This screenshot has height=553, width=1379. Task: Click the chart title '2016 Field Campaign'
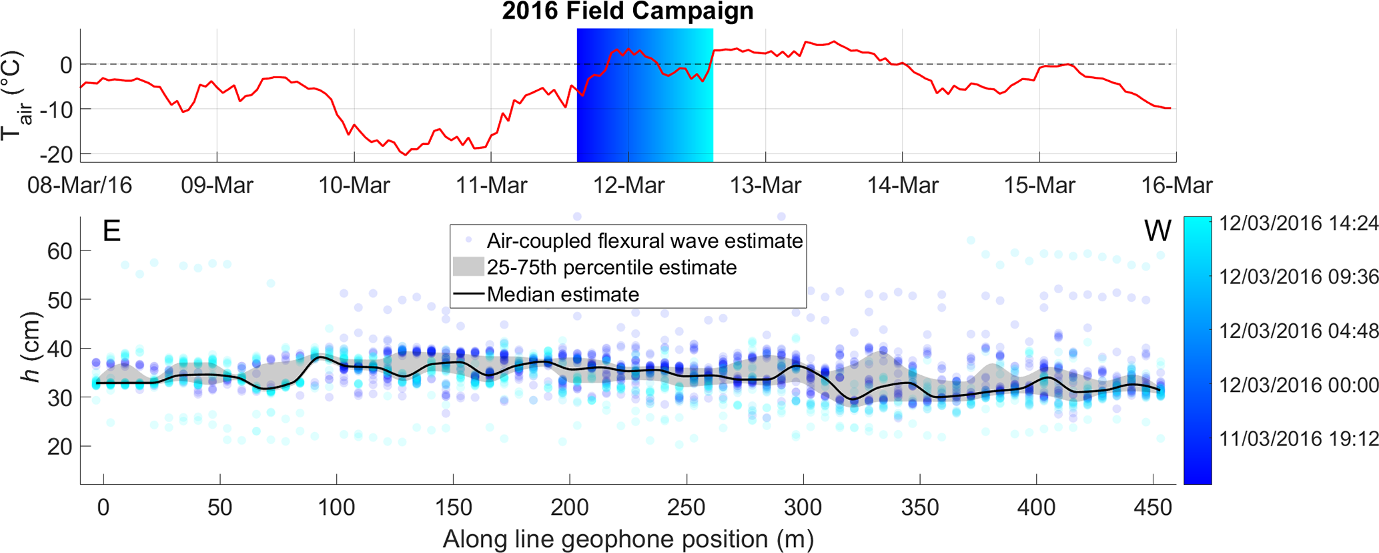[x=628, y=11]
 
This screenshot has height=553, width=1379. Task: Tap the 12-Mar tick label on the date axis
[x=628, y=185]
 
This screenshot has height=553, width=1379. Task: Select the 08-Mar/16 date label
[x=79, y=185]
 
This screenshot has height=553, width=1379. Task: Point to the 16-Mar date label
[x=1176, y=185]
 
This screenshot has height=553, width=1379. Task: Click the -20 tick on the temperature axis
[x=57, y=154]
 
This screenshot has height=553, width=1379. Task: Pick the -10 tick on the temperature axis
[x=57, y=109]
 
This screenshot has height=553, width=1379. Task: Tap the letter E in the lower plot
[x=111, y=231]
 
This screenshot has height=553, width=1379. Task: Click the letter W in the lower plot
[x=1158, y=231]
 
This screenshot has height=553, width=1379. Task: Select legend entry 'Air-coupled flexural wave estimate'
[x=644, y=240]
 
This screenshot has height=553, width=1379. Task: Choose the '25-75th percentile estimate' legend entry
[x=612, y=267]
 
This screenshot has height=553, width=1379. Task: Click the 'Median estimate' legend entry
[x=563, y=295]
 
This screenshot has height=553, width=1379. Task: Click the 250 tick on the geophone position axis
[x=686, y=508]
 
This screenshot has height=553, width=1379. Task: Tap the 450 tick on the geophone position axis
[x=1153, y=508]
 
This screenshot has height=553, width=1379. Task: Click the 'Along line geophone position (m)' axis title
[x=628, y=538]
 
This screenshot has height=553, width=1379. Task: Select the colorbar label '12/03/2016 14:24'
[x=1298, y=223]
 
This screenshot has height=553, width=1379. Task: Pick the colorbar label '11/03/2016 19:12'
[x=1298, y=439]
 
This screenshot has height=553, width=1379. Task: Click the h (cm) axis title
[x=30, y=347]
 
